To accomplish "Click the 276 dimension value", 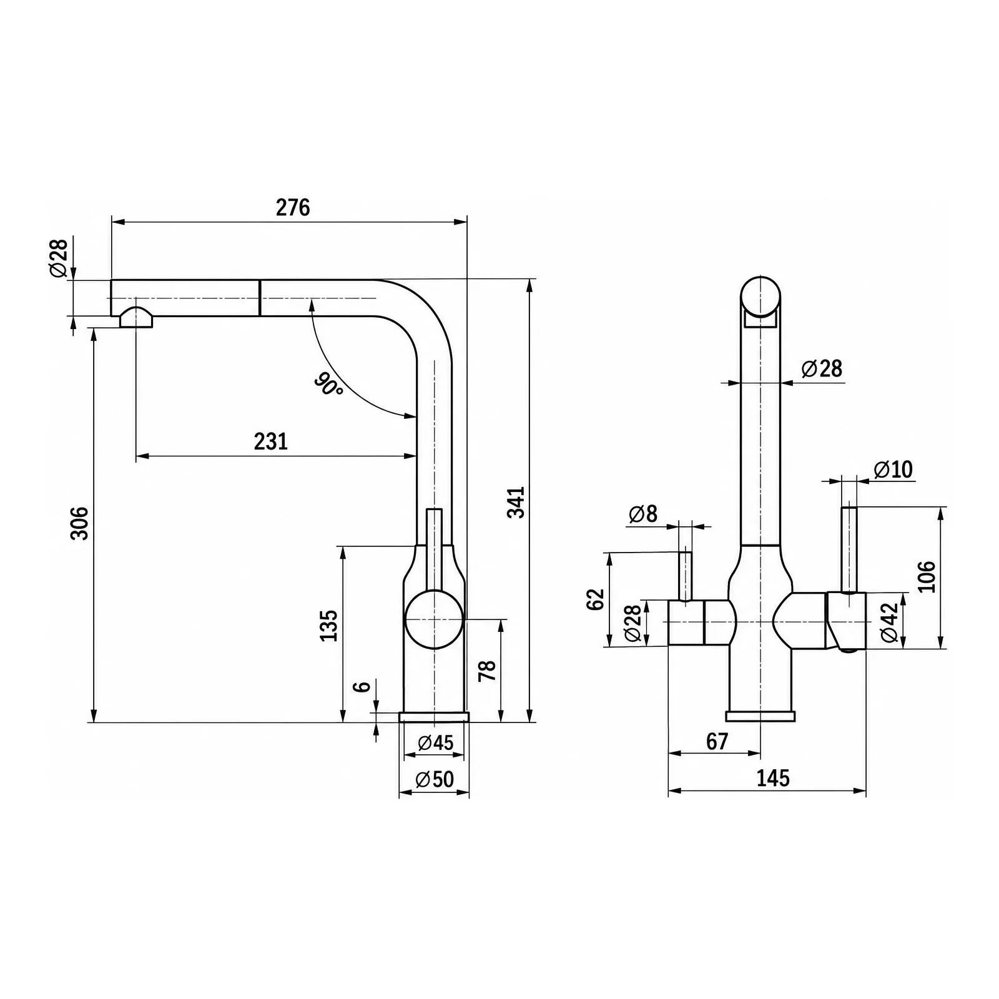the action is pyautogui.click(x=293, y=207).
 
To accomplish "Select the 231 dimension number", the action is pyautogui.click(x=271, y=441).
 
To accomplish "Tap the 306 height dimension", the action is pyautogui.click(x=79, y=523).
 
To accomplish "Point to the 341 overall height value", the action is pyautogui.click(x=516, y=501).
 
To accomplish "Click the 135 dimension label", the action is pyautogui.click(x=328, y=625).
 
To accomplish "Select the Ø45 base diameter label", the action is pyautogui.click(x=435, y=742).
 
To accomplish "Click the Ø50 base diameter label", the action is pyautogui.click(x=435, y=779).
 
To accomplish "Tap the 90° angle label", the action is pyautogui.click(x=328, y=384).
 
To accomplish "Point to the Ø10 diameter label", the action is pyautogui.click(x=893, y=469).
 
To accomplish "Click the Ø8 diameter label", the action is pyautogui.click(x=643, y=514).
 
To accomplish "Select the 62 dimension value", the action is pyautogui.click(x=596, y=599).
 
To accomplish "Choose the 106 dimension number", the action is pyautogui.click(x=927, y=576).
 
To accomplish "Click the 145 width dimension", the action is pyautogui.click(x=773, y=778).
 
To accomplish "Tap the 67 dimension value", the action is pyautogui.click(x=717, y=741).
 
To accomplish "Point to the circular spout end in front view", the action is pyautogui.click(x=760, y=295).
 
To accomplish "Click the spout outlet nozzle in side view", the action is pyautogui.click(x=136, y=318).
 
